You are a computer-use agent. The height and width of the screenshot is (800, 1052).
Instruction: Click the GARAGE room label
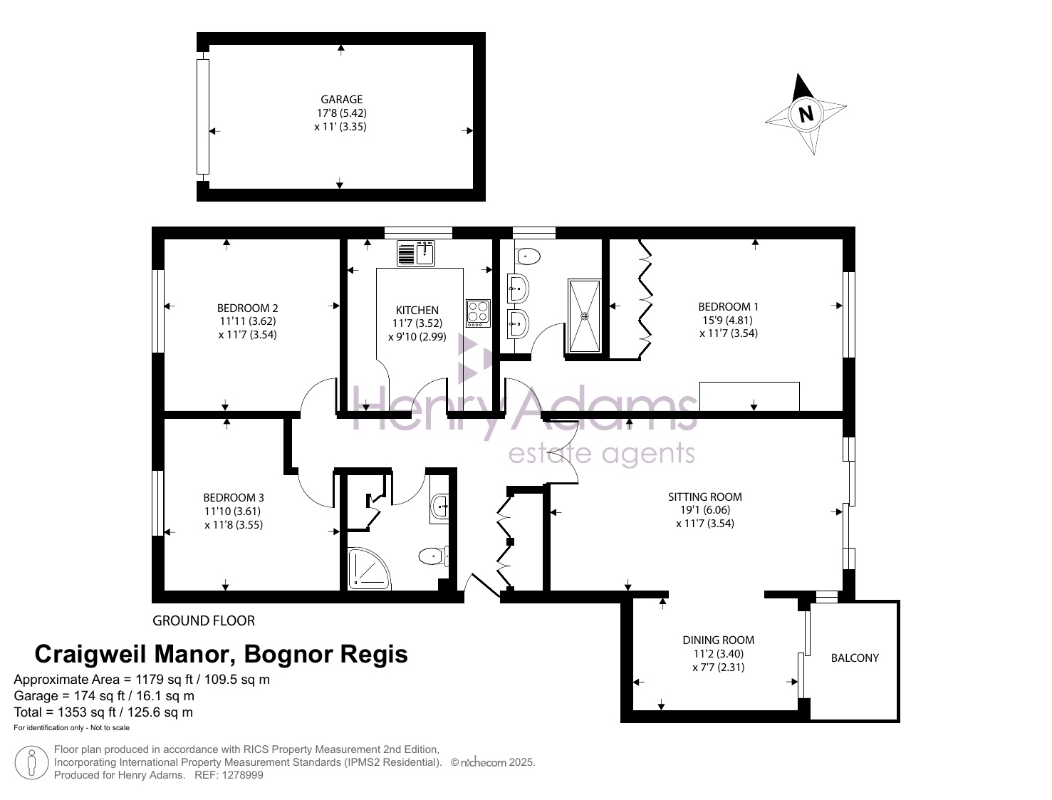pos(341,99)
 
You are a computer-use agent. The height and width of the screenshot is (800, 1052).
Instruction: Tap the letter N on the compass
pos(806,114)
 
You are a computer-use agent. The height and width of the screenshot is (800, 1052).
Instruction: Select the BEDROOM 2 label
pos(247,308)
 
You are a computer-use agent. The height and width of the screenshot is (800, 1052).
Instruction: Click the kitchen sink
pos(416,254)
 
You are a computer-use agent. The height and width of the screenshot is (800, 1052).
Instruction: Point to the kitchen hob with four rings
pos(479,313)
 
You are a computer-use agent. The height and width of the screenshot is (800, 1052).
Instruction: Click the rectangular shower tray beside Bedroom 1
pos(584,316)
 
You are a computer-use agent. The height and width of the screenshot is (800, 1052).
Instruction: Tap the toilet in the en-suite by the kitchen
pos(528,256)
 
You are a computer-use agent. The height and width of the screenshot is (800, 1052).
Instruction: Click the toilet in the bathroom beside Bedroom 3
pos(434,556)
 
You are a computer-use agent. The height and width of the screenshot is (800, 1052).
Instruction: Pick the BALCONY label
pos(855,658)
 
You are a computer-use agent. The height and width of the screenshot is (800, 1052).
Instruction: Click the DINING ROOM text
pos(718,640)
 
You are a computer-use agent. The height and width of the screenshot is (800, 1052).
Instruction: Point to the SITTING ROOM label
pos(705,497)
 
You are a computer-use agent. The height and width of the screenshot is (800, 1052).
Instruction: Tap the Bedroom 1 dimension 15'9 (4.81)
pos(728,320)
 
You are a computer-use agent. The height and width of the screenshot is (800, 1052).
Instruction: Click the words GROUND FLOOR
pos(204,620)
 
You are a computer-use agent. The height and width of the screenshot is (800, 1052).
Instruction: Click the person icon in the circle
pos(31,762)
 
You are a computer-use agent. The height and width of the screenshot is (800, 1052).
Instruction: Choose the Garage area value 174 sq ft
pos(99,695)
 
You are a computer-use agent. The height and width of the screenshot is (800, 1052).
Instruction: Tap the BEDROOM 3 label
pos(234,497)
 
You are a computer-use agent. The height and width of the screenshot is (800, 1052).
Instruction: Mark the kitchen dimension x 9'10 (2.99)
pos(417,336)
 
